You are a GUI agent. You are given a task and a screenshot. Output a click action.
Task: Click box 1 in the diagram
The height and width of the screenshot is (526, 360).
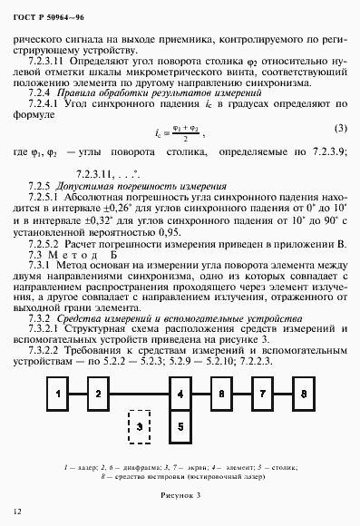(x=57, y=394)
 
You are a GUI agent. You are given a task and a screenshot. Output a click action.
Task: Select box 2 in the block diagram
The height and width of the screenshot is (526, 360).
(x=96, y=394)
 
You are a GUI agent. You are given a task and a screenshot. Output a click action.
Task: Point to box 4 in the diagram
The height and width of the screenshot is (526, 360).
(x=181, y=394)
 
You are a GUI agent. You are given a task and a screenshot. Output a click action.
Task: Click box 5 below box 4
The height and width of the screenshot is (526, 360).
(x=181, y=423)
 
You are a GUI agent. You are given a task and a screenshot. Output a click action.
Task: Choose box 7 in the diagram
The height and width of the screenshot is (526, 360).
(x=261, y=394)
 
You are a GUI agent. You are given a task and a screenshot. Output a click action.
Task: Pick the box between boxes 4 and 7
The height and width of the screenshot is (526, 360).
(x=221, y=394)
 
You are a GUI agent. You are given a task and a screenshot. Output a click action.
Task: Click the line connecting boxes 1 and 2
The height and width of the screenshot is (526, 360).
(x=76, y=394)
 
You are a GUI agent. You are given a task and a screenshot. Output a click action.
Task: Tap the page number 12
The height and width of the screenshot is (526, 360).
(x=18, y=512)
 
